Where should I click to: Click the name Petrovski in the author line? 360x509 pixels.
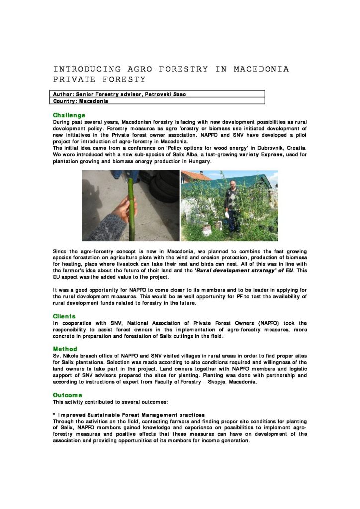[x=156, y=94]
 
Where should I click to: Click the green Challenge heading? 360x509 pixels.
[x=69, y=115]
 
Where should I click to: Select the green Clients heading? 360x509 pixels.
[x=64, y=316]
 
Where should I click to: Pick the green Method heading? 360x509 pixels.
[x=65, y=349]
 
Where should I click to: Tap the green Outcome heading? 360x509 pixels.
[x=67, y=395]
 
